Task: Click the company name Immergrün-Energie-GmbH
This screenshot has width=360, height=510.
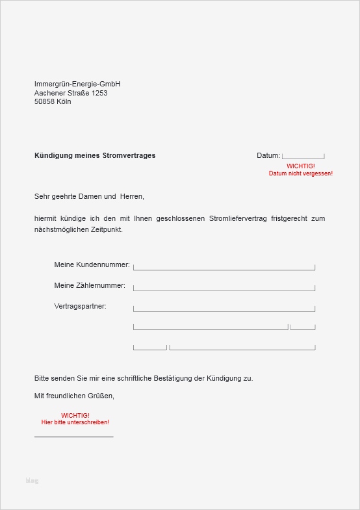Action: click(x=77, y=84)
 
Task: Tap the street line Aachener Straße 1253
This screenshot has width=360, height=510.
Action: click(x=71, y=93)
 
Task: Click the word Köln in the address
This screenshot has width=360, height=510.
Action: click(x=64, y=102)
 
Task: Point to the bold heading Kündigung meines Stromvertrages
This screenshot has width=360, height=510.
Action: click(x=95, y=156)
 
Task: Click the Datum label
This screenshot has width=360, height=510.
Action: click(x=268, y=156)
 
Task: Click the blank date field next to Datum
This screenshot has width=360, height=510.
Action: click(x=303, y=156)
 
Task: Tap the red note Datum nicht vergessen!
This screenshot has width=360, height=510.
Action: click(x=300, y=173)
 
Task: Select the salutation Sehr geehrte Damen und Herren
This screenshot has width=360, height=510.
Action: click(x=89, y=196)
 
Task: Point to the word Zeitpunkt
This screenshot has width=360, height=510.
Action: click(x=106, y=229)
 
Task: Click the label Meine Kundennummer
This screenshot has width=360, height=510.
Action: click(x=92, y=265)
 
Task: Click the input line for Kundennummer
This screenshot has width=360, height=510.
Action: click(x=224, y=267)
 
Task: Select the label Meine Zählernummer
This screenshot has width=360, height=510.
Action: click(x=90, y=285)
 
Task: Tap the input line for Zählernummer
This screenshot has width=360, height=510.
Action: click(x=224, y=288)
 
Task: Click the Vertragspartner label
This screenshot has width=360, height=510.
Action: click(x=81, y=306)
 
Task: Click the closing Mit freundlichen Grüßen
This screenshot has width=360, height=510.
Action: click(x=74, y=395)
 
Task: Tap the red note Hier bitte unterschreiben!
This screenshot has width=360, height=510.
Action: click(x=75, y=422)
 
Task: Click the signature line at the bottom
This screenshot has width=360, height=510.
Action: click(x=73, y=437)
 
